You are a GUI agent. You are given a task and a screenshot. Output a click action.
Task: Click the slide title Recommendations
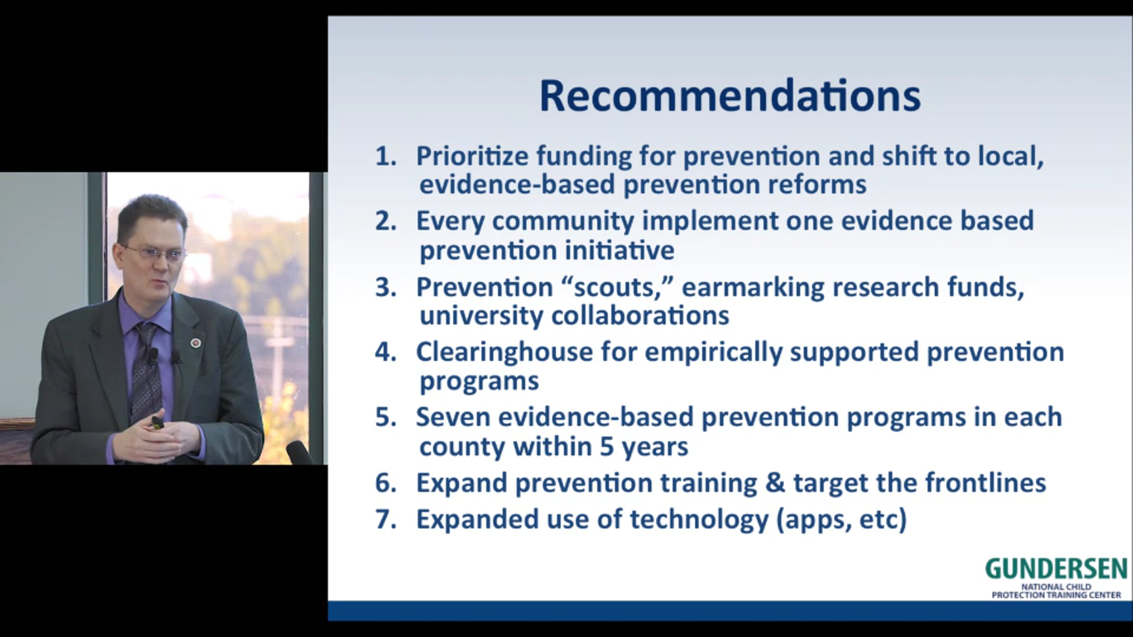click(x=730, y=96)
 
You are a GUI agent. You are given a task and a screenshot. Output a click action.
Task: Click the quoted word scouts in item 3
click(x=619, y=287)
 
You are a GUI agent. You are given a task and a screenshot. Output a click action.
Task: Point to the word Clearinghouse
click(x=504, y=352)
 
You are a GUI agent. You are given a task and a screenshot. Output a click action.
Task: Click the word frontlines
click(x=985, y=482)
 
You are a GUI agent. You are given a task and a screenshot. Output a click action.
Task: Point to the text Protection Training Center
click(x=1057, y=595)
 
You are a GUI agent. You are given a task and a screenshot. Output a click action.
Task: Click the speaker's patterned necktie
click(x=146, y=373)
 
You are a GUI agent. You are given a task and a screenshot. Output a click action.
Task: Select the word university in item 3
click(x=481, y=316)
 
